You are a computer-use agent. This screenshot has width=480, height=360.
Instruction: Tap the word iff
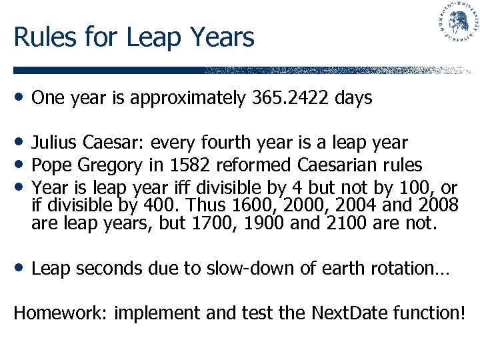tap(199, 187)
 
